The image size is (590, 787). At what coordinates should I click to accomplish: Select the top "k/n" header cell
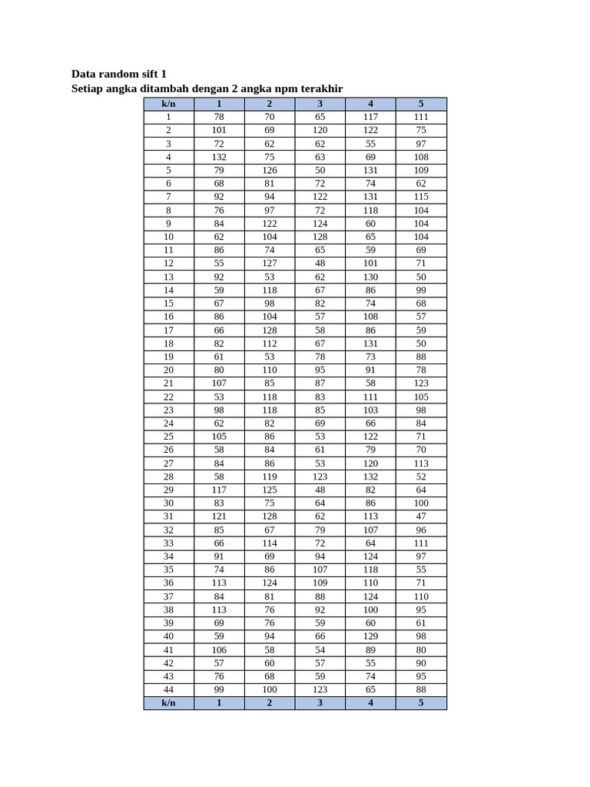(x=168, y=104)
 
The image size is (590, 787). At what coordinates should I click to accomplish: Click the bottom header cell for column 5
(x=421, y=703)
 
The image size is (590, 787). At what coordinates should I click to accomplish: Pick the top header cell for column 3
(x=320, y=104)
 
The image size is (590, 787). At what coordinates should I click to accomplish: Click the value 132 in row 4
(x=219, y=157)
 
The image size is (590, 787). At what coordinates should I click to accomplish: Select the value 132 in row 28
(x=370, y=477)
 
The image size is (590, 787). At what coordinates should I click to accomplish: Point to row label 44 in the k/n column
(x=168, y=689)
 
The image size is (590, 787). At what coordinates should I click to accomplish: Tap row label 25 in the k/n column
(x=168, y=437)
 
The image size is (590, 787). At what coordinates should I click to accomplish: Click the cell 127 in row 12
(x=270, y=263)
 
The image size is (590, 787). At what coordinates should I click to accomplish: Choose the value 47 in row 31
(x=421, y=516)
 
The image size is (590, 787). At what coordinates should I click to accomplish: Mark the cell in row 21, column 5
(x=421, y=383)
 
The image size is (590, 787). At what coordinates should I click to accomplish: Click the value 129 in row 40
(x=370, y=636)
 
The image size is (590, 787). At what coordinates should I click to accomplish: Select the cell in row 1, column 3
(x=320, y=117)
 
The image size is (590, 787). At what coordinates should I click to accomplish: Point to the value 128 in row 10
(x=320, y=237)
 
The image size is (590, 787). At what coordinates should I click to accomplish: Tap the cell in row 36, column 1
(x=219, y=583)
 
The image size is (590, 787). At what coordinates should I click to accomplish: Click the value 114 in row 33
(x=270, y=543)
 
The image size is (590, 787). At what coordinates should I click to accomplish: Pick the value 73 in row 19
(x=370, y=357)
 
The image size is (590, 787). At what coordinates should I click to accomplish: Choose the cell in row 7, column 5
(x=421, y=197)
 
